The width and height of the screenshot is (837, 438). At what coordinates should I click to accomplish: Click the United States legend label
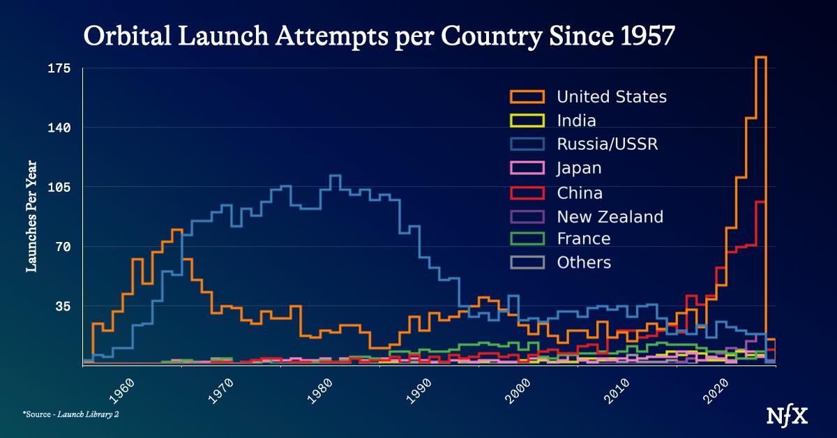click(611, 97)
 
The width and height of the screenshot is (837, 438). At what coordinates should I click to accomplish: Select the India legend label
click(576, 121)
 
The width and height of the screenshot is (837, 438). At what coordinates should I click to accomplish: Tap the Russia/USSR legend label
click(607, 144)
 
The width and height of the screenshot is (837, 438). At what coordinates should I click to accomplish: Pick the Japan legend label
click(579, 168)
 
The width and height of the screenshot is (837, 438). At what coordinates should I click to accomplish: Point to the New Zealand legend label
click(610, 216)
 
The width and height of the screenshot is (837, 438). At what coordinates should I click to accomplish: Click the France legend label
click(583, 239)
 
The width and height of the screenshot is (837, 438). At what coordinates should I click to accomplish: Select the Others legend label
click(584, 263)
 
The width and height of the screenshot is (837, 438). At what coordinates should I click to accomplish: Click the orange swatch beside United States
click(527, 96)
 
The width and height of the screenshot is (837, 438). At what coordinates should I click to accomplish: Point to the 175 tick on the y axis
click(59, 68)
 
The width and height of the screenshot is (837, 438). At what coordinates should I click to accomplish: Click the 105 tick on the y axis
click(59, 188)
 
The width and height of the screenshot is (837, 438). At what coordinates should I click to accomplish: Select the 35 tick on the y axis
click(63, 306)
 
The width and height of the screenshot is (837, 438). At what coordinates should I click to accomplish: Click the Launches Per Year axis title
click(31, 216)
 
